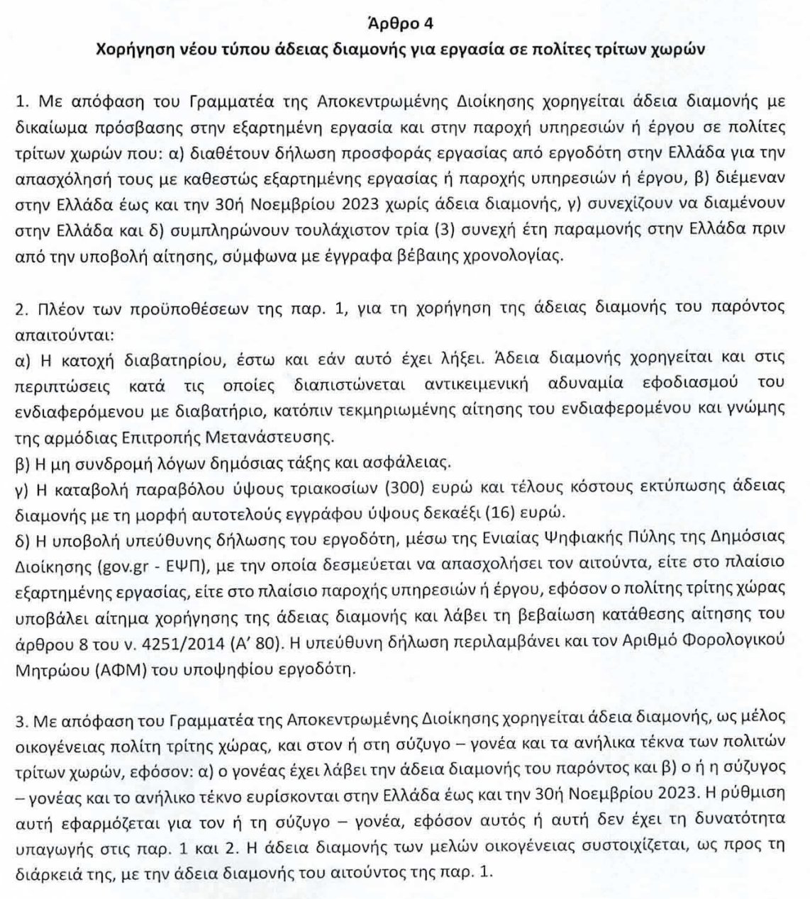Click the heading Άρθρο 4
(x=404, y=23)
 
